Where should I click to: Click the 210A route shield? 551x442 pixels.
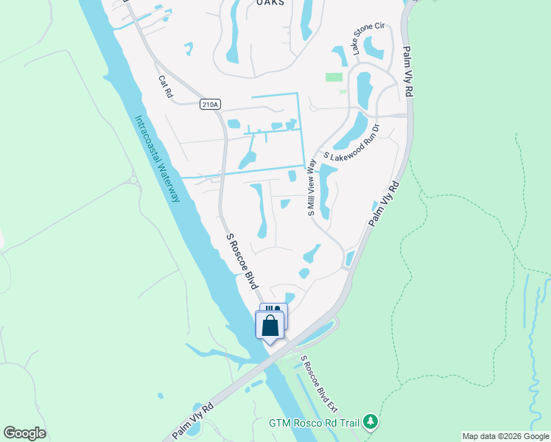(x=209, y=105)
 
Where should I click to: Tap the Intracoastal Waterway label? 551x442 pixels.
(x=157, y=158)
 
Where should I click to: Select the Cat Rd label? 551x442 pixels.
(x=165, y=86)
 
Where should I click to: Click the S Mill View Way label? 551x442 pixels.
(x=312, y=186)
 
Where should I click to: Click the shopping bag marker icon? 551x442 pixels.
(x=270, y=325)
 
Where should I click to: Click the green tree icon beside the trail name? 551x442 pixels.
(x=372, y=421)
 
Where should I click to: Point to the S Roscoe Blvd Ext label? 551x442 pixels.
(x=319, y=386)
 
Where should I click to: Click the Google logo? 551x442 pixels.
(x=24, y=433)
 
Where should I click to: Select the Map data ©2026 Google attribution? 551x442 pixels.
(x=505, y=436)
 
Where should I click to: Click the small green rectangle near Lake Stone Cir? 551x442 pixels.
(x=334, y=77)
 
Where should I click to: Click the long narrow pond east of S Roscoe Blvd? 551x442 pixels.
(x=260, y=211)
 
